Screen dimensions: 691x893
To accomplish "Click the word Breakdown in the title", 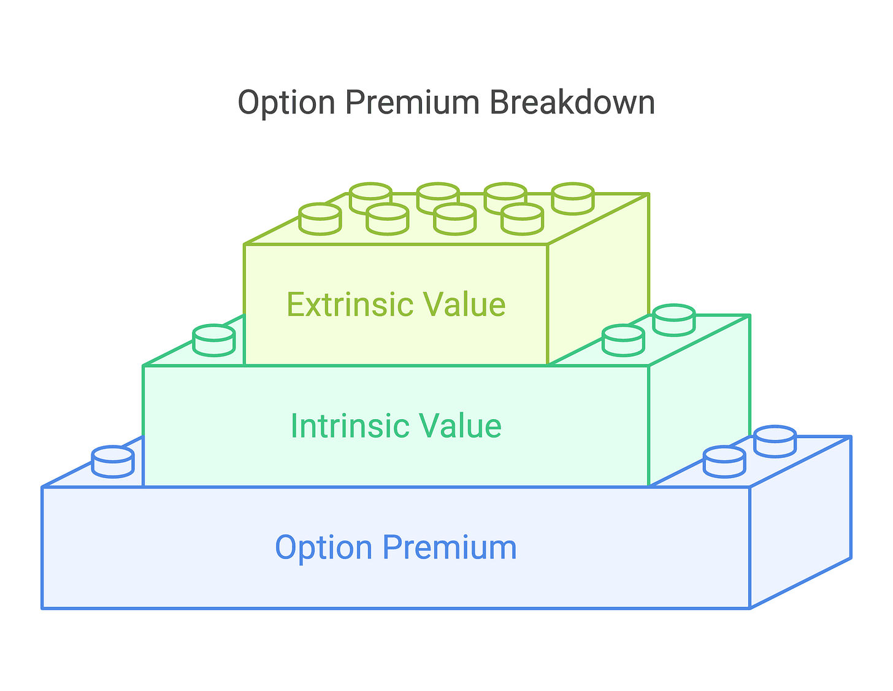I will (x=572, y=102).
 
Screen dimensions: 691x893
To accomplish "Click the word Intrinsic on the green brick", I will (x=346, y=426).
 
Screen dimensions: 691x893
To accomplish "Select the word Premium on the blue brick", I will (x=450, y=547).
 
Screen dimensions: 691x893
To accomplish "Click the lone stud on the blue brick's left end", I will (x=113, y=461).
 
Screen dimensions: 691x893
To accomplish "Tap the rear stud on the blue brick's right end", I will (x=775, y=441).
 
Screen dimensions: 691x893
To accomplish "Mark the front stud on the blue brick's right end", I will (x=724, y=461).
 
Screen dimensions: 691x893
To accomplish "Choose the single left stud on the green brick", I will (x=214, y=340).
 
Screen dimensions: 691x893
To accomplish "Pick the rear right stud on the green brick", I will (x=674, y=319).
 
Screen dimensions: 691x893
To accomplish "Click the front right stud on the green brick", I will (x=623, y=340).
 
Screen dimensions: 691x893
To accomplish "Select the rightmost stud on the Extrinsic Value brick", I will (x=573, y=198).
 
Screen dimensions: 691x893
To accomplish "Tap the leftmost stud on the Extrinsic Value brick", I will (x=320, y=218).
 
